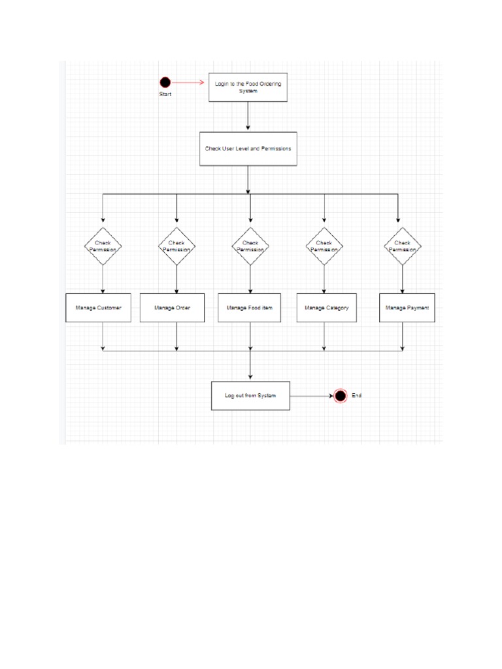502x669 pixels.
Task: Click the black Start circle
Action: point(165,82)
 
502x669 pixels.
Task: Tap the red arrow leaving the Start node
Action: point(190,83)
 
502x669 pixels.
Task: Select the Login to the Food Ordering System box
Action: point(248,87)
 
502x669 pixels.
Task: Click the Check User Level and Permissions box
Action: point(248,149)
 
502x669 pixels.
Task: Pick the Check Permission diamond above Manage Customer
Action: point(103,246)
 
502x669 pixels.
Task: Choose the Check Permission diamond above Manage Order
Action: point(176,246)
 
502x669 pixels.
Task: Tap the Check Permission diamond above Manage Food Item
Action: point(250,246)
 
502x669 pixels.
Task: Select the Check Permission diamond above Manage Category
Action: point(324,246)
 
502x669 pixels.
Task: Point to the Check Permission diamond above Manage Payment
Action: point(402,246)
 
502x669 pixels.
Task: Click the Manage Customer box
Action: point(98,308)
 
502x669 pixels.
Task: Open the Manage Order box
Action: point(173,308)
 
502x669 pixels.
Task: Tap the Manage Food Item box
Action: point(250,308)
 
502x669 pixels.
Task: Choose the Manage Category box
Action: point(327,308)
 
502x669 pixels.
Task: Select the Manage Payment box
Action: point(407,308)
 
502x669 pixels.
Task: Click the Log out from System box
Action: point(250,396)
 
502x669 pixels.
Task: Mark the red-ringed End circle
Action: point(340,396)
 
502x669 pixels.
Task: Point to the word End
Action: point(356,396)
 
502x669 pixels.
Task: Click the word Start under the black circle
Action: point(165,95)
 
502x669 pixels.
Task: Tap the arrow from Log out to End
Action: point(312,396)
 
